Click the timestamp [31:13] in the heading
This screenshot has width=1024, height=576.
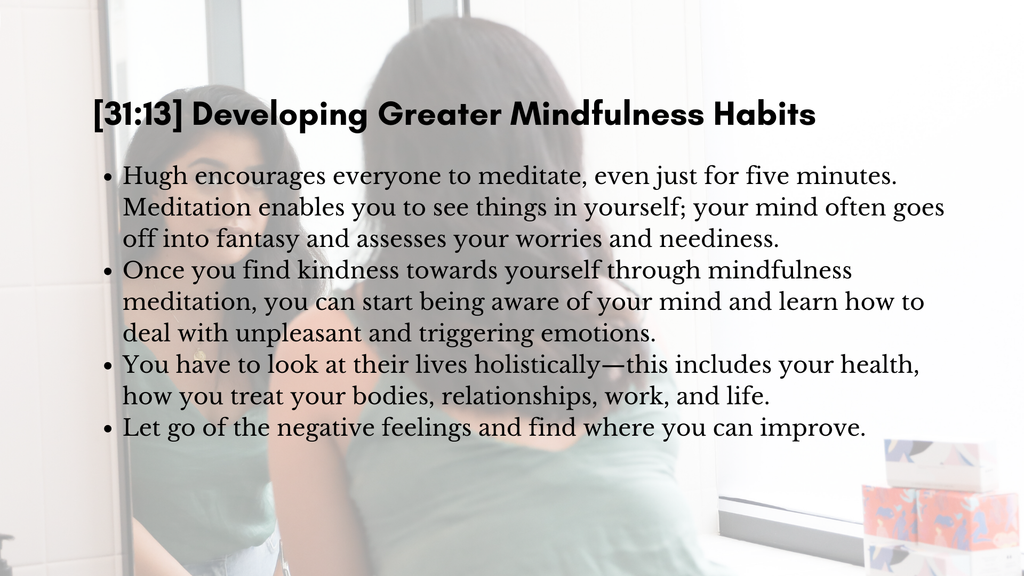[x=138, y=115]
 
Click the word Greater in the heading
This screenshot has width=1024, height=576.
[x=439, y=114]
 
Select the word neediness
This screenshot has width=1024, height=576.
[x=719, y=238]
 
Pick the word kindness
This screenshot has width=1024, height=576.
[x=348, y=270]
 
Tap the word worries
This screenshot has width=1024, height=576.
[x=558, y=239]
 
